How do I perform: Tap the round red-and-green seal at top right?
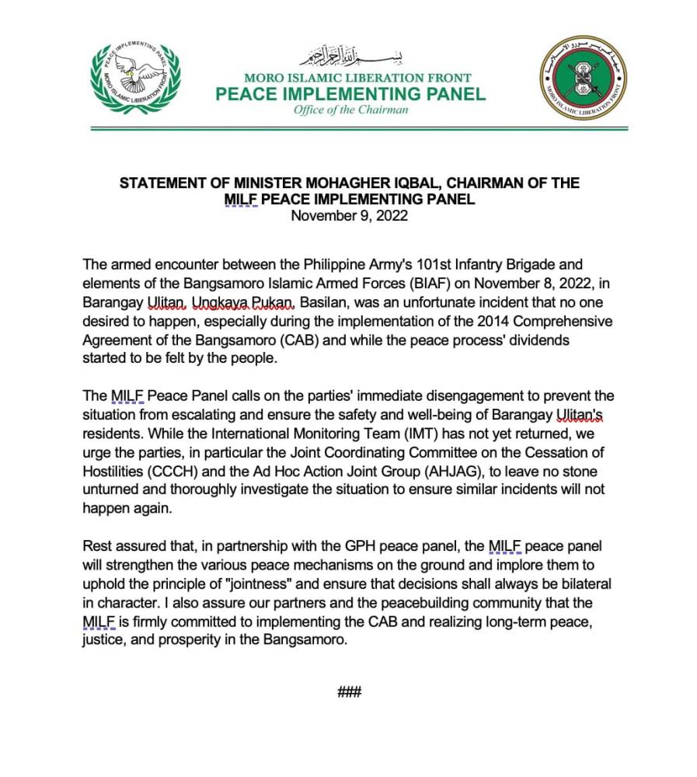pyautogui.click(x=584, y=77)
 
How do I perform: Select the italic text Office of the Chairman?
pyautogui.click(x=350, y=110)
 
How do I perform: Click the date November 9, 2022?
pyautogui.click(x=349, y=215)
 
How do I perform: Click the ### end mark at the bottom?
pyautogui.click(x=350, y=692)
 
